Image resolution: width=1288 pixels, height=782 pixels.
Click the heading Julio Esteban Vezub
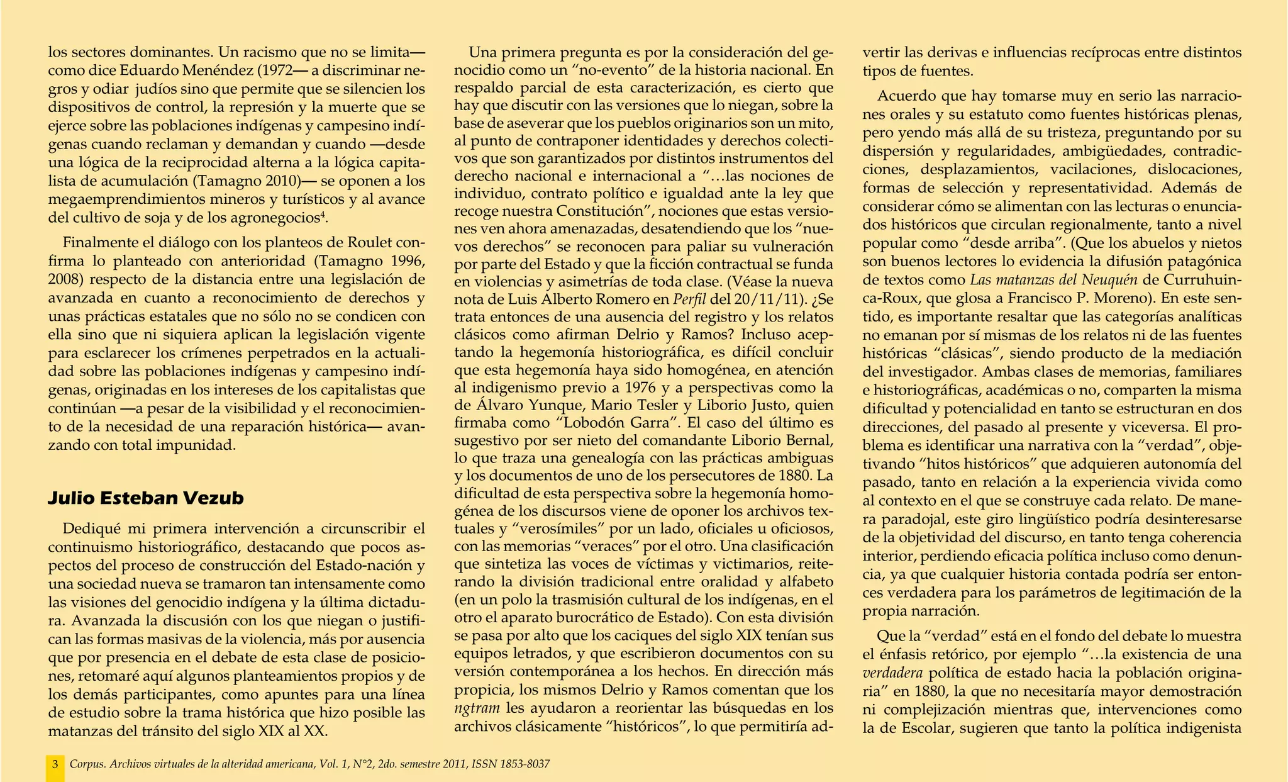[x=146, y=498]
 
